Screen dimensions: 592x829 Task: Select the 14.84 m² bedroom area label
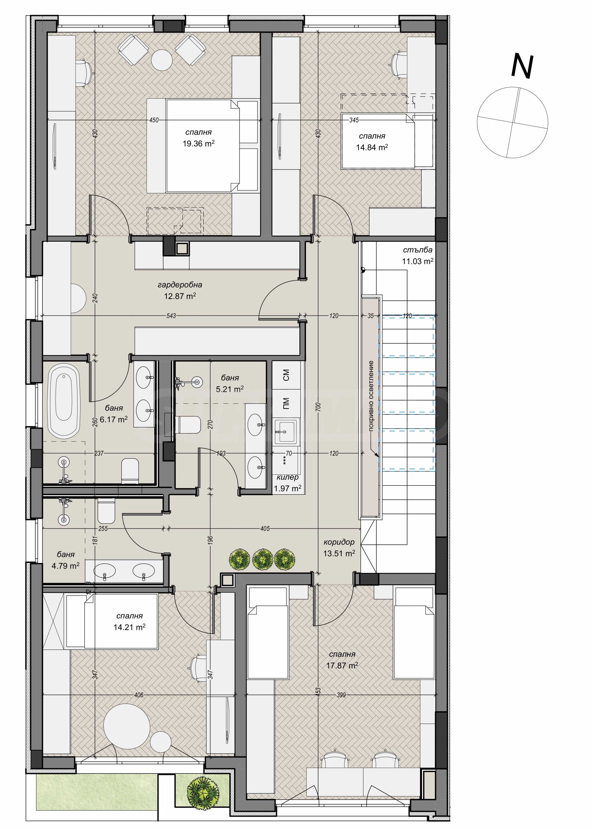coord(372,147)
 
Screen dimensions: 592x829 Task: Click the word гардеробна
coord(180,285)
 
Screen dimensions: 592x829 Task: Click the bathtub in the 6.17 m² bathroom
coord(64,402)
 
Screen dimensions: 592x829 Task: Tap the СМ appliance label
coord(286,375)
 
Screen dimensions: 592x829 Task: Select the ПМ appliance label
coord(286,404)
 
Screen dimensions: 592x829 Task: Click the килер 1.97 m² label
coord(288,483)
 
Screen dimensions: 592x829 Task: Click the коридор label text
coord(339,542)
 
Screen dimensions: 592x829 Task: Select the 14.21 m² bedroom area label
coord(129,627)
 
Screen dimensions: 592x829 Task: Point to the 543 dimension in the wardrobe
coord(171,316)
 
